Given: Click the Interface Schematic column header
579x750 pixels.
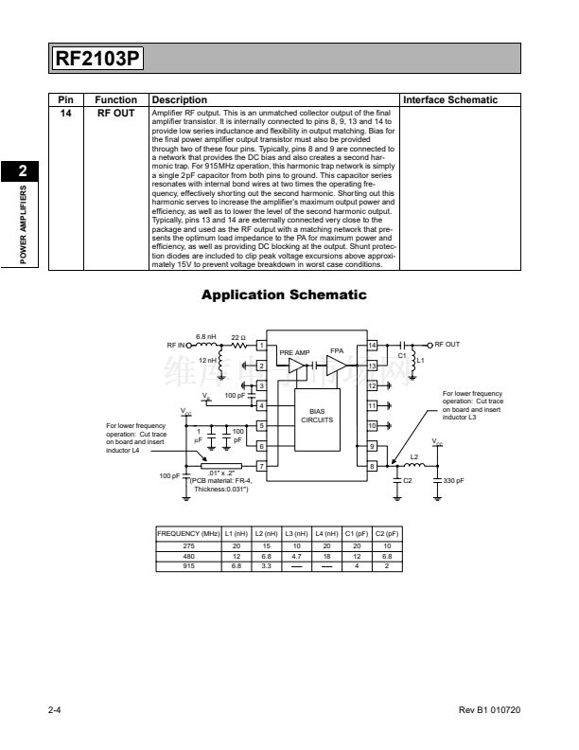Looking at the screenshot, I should point(450,99).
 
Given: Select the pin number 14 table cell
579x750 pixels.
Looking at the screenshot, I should point(66,113).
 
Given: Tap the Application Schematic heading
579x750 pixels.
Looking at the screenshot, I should point(284,295).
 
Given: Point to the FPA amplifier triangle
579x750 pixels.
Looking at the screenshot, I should point(337,364).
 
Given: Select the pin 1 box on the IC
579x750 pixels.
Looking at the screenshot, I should point(260,345).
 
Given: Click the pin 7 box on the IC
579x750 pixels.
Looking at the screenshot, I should point(260,466).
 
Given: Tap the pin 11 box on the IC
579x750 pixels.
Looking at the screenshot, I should point(372,405).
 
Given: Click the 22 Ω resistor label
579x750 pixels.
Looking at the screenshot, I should point(238,337).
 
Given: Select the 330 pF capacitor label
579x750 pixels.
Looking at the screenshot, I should point(454,481).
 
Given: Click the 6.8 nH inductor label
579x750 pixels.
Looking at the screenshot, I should point(205,336).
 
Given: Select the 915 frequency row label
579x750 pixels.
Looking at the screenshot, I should point(187,565).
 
